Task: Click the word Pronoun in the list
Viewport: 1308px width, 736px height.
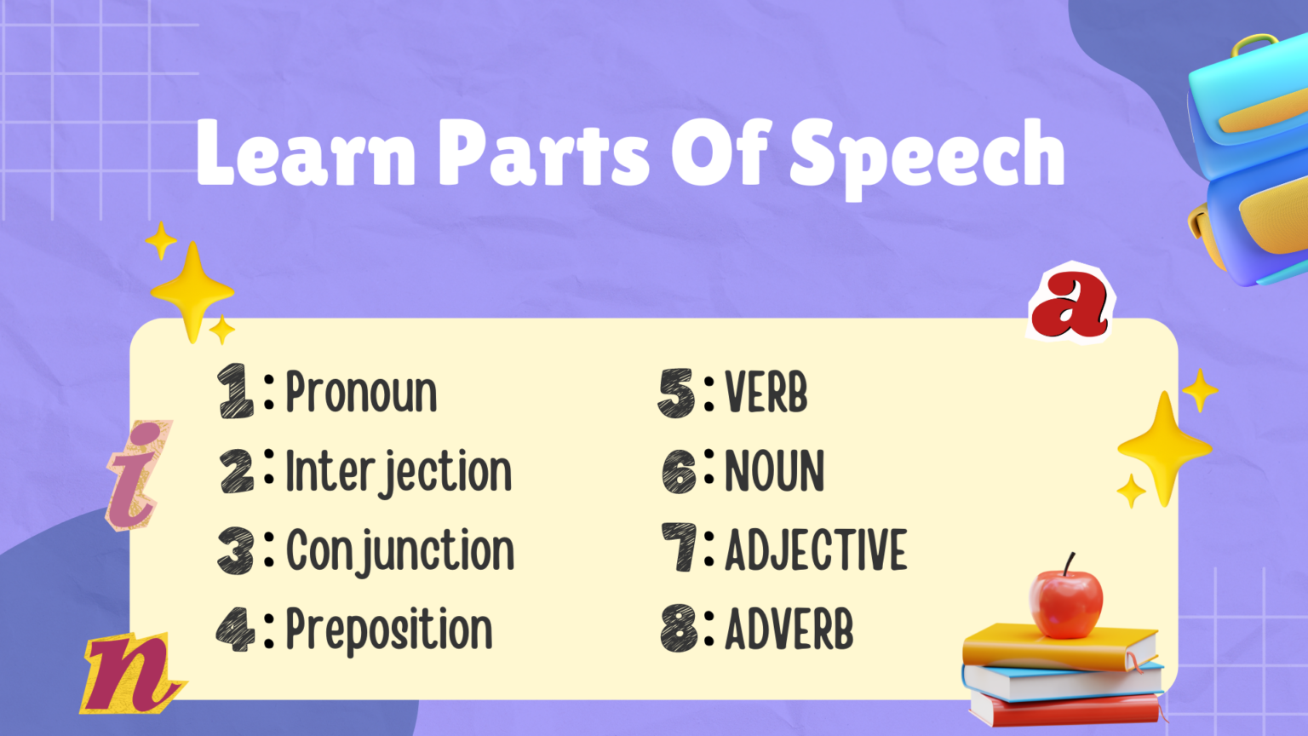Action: click(361, 394)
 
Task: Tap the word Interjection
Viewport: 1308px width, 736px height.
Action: click(398, 472)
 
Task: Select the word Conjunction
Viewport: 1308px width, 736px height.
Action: click(399, 551)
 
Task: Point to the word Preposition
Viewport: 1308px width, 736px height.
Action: click(388, 631)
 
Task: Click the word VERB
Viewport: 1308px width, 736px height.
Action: click(766, 394)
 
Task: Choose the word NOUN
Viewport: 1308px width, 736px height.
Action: click(774, 472)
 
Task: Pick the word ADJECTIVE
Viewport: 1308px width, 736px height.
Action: click(816, 550)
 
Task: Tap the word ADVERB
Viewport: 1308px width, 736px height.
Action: click(789, 630)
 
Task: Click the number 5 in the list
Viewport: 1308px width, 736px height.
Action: click(676, 394)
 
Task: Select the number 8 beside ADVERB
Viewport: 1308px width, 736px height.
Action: click(680, 630)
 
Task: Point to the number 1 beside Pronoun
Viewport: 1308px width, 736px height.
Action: click(235, 392)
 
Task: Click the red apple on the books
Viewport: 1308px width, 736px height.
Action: click(1065, 603)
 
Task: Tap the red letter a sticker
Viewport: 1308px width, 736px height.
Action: click(1070, 303)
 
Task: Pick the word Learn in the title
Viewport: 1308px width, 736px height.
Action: click(306, 152)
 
